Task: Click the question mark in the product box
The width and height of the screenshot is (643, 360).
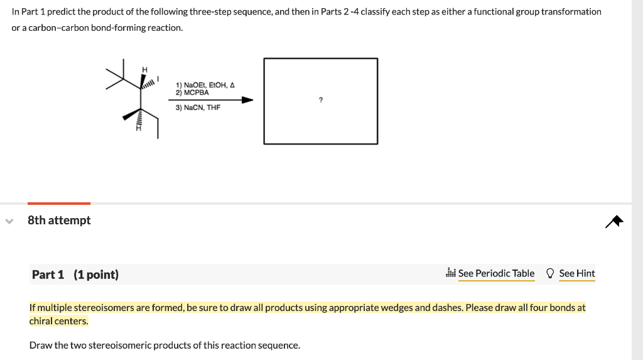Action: [321, 99]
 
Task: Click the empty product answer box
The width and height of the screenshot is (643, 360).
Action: [321, 119]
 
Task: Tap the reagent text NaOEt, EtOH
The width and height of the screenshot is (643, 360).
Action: [205, 85]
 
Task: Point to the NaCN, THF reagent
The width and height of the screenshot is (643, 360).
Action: [198, 107]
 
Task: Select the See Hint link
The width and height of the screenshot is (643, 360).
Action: [576, 273]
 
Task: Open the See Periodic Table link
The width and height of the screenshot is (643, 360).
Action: [496, 273]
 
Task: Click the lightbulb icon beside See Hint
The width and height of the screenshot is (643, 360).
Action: [550, 273]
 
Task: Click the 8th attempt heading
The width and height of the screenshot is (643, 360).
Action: [59, 220]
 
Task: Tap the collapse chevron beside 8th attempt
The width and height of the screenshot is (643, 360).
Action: [9, 221]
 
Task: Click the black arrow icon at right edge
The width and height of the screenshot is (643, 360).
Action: [615, 221]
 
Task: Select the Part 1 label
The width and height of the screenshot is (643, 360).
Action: [48, 275]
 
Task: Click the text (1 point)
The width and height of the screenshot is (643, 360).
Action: [96, 275]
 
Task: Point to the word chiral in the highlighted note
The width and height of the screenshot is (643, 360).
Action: [41, 321]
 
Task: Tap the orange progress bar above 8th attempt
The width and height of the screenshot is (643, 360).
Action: [59, 203]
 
